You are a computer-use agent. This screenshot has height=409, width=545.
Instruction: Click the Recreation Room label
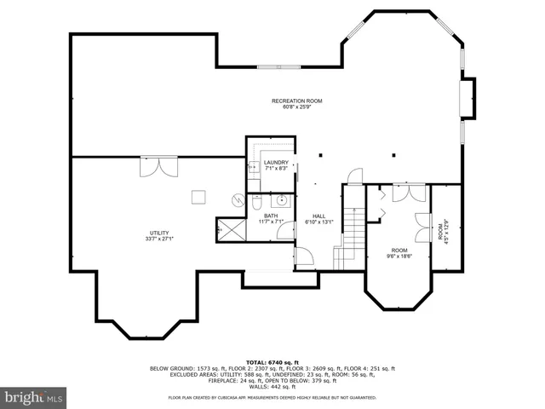pos(296,103)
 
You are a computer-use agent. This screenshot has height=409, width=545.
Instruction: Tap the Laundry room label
pos(276,165)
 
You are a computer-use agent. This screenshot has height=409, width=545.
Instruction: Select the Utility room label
pos(161,235)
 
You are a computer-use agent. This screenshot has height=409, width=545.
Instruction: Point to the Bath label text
pos(270,218)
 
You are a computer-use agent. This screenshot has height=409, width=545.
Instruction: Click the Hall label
pos(318,219)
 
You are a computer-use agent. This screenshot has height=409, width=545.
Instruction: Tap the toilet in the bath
pos(255,204)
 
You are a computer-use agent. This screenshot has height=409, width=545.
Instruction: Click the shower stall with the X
pos(229,228)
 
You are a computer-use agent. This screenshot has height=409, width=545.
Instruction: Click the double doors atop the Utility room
pos(159,165)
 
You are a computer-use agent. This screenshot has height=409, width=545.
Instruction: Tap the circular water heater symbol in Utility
pos(238,199)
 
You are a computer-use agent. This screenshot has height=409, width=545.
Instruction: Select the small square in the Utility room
pos(198,196)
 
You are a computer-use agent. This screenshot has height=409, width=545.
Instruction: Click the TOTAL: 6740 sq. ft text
pos(272,362)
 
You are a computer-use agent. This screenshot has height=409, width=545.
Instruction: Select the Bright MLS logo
pos(34,397)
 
